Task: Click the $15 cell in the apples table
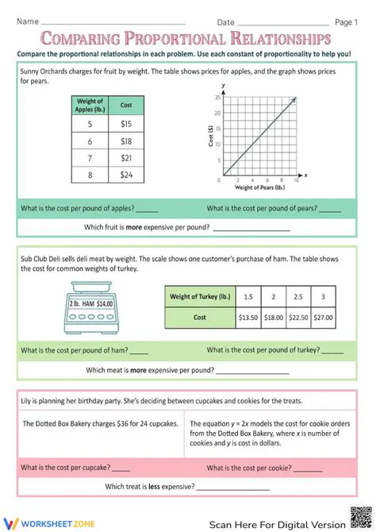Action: (x=126, y=124)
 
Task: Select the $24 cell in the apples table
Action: (x=126, y=175)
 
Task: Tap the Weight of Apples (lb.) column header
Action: (x=90, y=105)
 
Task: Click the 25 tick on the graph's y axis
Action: (x=218, y=98)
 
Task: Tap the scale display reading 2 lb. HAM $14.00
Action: (x=90, y=303)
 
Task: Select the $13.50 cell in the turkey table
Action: (x=248, y=317)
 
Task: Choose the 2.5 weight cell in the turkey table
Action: (x=298, y=296)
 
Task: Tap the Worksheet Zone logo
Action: (x=40, y=522)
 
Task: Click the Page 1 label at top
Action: (x=346, y=22)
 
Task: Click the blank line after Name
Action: (x=111, y=23)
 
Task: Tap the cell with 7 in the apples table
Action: (x=90, y=158)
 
